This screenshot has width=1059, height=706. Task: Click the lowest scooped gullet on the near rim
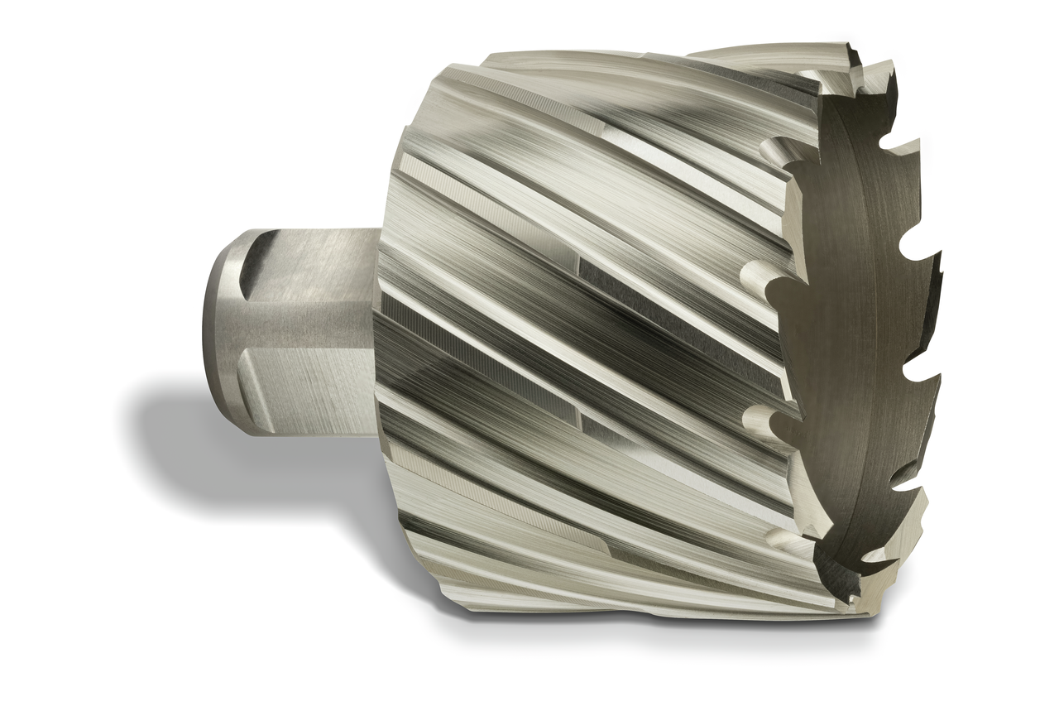tap(782, 538)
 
